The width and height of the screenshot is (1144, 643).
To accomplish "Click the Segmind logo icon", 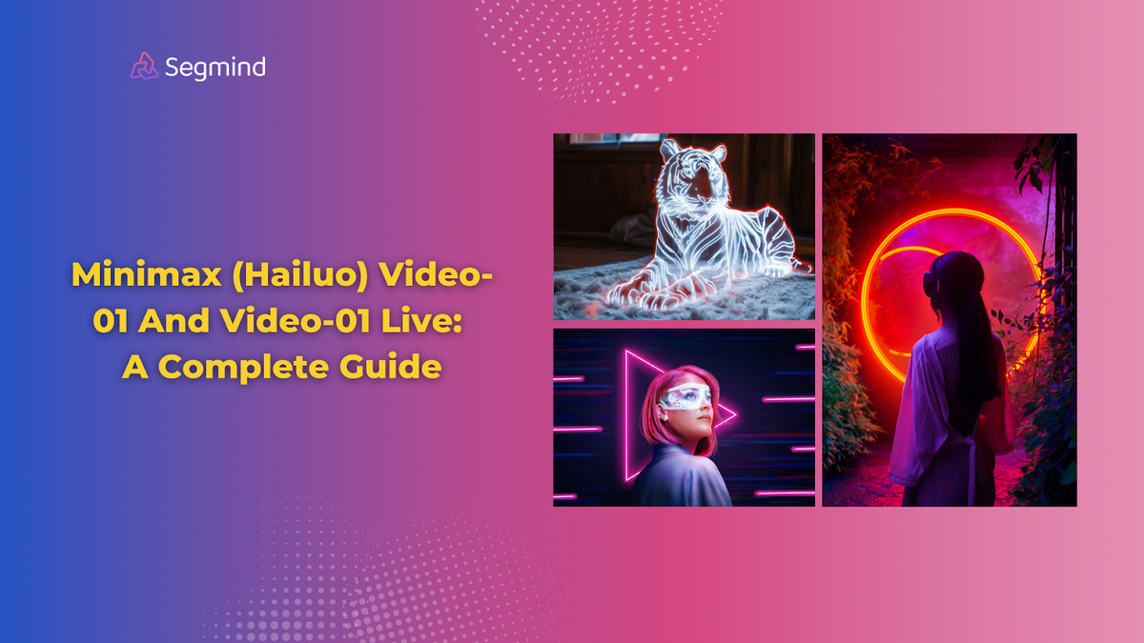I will [x=144, y=66].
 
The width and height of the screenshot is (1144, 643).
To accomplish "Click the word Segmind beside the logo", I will [x=214, y=67].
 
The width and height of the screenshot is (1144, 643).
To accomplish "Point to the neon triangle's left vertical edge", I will [x=626, y=414].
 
